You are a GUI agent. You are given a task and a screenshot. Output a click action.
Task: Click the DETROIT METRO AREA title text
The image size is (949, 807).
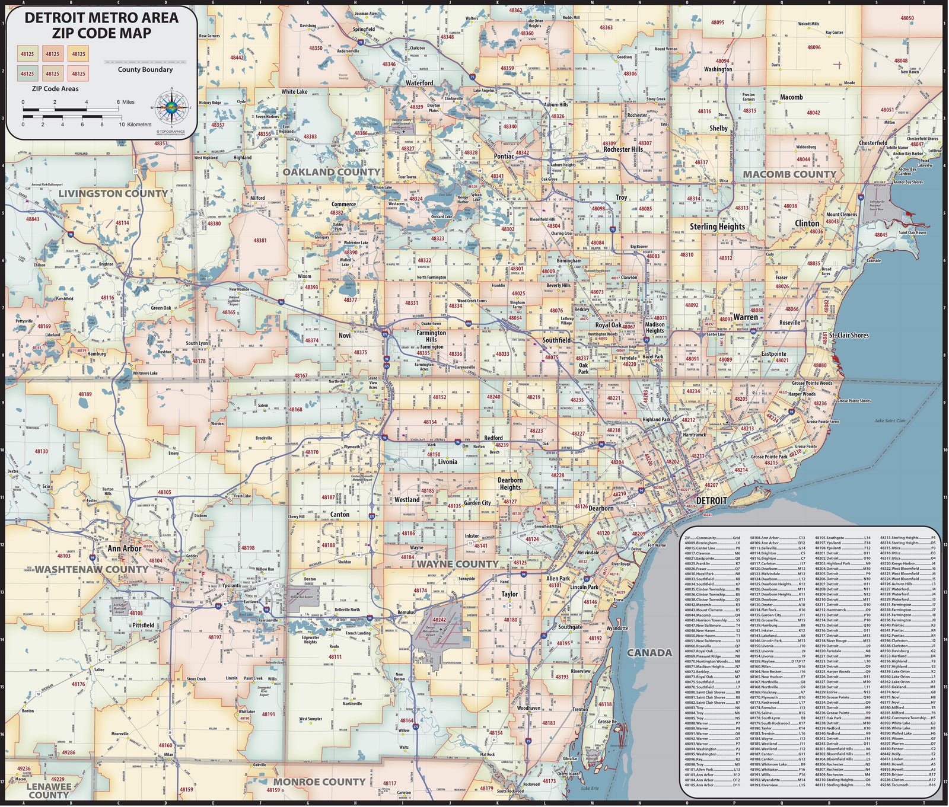101,18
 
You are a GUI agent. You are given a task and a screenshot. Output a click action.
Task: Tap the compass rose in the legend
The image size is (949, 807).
171,108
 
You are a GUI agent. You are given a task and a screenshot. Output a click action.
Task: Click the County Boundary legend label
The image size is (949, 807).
145,69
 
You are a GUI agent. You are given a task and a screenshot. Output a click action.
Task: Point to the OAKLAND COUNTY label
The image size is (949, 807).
331,172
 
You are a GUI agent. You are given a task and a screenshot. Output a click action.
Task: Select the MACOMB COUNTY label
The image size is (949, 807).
789,174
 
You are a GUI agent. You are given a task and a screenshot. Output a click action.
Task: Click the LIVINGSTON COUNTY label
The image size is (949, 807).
113,194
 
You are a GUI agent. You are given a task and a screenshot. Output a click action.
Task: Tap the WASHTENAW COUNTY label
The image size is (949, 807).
91,569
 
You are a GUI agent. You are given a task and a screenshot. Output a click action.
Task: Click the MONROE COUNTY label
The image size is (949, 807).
319,782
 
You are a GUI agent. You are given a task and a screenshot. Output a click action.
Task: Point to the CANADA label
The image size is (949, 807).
650,653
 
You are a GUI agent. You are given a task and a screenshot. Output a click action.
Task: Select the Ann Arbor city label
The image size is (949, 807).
125,548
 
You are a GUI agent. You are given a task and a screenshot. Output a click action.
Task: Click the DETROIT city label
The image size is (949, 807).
711,500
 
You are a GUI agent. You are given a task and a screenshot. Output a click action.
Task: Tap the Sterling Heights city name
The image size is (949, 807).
717,227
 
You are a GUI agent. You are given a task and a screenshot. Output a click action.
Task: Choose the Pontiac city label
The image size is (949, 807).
504,157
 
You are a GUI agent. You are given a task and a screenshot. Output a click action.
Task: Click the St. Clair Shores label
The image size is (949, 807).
849,336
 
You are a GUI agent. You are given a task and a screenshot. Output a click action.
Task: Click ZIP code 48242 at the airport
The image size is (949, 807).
439,620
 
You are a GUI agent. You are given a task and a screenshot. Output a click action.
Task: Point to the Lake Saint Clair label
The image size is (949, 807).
890,421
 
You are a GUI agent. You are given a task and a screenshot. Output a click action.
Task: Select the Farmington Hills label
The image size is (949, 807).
431,336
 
